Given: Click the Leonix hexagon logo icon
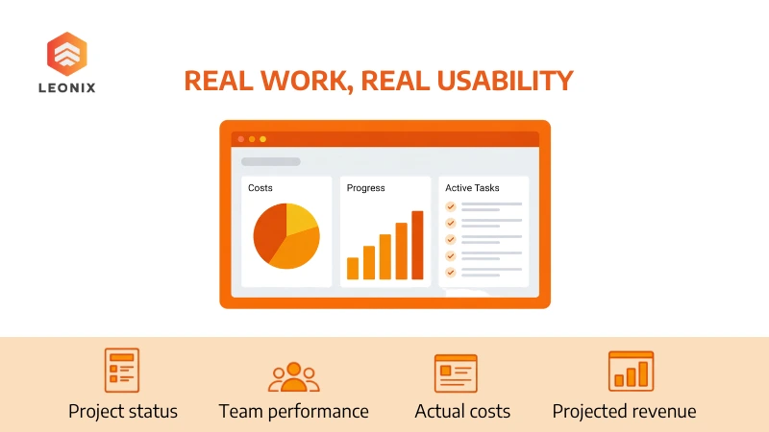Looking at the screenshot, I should point(67,54).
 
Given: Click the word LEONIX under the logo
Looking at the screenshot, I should point(67,88).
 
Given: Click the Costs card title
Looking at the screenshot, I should point(260,188).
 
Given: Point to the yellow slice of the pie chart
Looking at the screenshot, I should point(302,220).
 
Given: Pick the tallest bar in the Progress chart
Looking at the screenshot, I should point(417,245).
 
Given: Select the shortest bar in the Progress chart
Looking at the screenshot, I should point(353,268).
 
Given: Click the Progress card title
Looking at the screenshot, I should point(366,188).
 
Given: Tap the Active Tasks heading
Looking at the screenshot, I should point(472,188).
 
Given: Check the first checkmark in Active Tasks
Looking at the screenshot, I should point(450,206).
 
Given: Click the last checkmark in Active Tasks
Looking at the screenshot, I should point(450,272).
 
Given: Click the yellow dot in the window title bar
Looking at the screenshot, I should point(263,139).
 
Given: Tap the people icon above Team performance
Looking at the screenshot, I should point(293,377).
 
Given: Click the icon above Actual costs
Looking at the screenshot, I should point(456,372).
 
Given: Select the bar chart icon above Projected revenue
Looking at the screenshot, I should point(631,371).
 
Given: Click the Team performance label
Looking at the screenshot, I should point(293,411).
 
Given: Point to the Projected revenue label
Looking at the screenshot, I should point(624,411).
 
